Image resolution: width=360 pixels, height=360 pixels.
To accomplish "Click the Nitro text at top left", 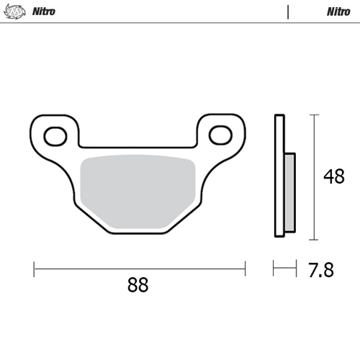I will click(x=45, y=12).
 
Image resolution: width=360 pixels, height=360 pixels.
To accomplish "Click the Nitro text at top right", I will click(x=338, y=12).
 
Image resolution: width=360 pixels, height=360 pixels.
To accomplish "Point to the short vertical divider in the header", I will click(x=288, y=12).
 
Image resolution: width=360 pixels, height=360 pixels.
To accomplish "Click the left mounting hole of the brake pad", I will click(x=55, y=135).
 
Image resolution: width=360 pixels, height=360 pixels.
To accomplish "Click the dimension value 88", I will click(x=138, y=285).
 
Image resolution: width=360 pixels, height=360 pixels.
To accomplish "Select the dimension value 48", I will click(x=333, y=176).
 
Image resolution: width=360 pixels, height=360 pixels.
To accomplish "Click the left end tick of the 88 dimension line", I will click(x=34, y=269).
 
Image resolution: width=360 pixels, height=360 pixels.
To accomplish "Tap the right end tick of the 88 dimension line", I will click(x=245, y=269).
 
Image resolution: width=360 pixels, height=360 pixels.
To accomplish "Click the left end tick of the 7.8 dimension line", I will click(x=274, y=269).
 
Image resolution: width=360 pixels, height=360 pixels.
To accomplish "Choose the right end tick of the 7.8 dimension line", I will click(x=295, y=269).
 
